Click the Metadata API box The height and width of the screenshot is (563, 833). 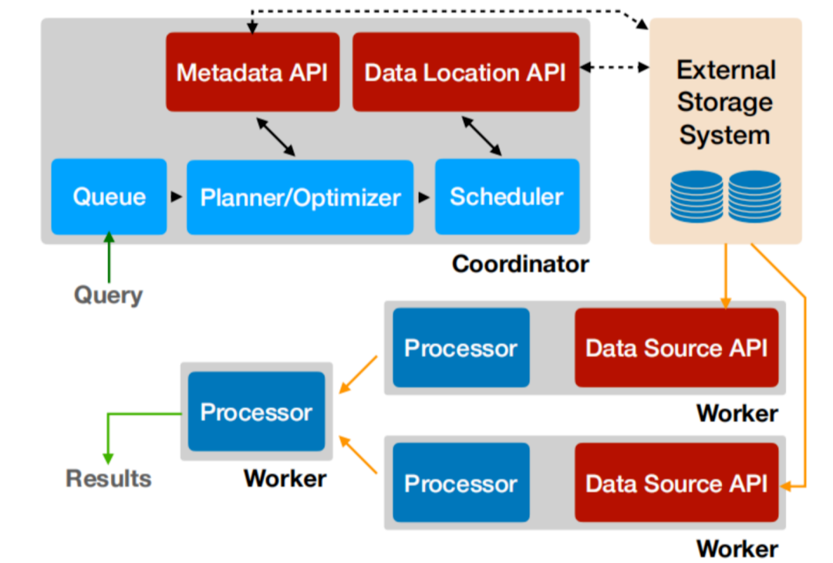(x=252, y=72)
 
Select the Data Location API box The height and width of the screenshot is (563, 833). (x=465, y=72)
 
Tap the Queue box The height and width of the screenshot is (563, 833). (x=109, y=197)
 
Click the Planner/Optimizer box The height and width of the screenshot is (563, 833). (x=300, y=197)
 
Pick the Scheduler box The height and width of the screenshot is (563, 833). (x=507, y=197)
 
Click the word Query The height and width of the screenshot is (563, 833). (x=108, y=295)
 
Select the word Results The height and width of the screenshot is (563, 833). (x=108, y=478)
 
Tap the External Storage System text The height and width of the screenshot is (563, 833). (x=724, y=103)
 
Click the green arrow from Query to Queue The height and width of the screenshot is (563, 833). (x=109, y=258)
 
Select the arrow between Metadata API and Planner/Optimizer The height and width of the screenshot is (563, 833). (x=276, y=137)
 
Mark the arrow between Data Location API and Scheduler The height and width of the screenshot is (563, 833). (x=481, y=137)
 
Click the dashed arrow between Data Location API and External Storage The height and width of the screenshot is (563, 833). (x=614, y=68)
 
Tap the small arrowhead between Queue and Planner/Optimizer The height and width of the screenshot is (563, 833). (x=177, y=197)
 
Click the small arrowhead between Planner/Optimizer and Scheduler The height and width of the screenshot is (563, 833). (x=424, y=197)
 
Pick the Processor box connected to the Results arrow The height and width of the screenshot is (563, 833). (x=256, y=412)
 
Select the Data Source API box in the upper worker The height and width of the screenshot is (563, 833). (x=676, y=348)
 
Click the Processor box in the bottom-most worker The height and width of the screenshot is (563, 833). (x=460, y=484)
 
